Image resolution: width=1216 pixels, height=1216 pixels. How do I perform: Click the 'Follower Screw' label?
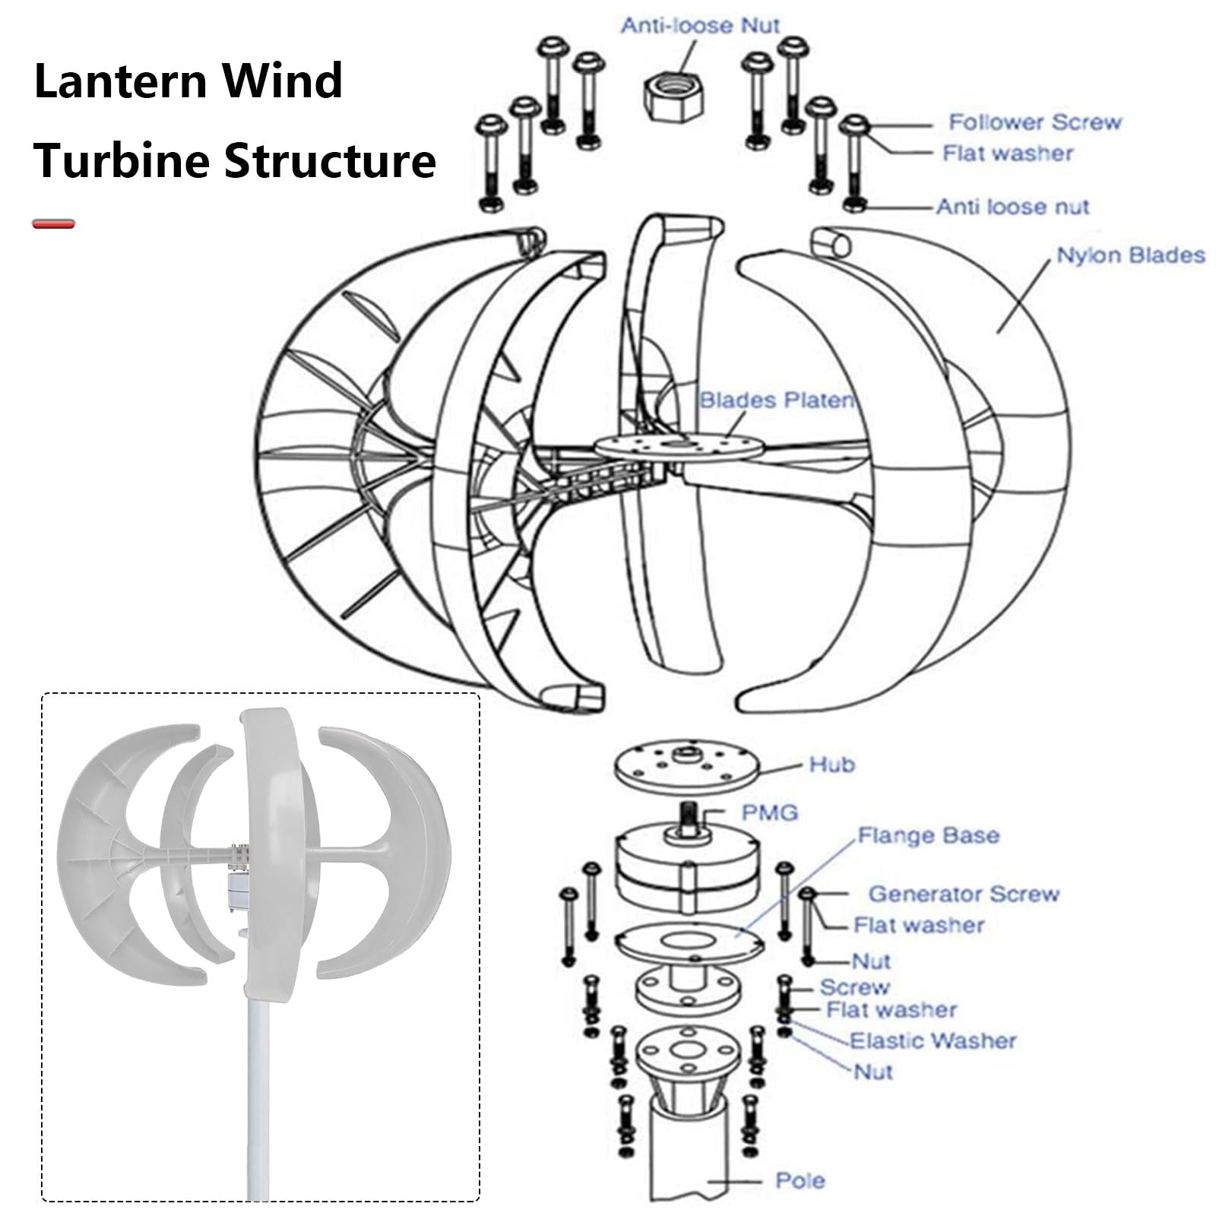coord(1034,122)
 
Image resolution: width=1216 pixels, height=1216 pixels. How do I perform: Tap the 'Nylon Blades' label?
coord(1131,255)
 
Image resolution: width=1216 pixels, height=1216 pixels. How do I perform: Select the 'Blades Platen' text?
coord(776,401)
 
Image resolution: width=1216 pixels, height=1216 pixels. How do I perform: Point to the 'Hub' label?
coord(832,764)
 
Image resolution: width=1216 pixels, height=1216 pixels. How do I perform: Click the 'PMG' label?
coord(770,812)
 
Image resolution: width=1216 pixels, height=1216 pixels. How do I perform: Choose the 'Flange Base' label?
coord(928,836)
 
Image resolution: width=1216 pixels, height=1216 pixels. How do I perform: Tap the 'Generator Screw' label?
coord(964,894)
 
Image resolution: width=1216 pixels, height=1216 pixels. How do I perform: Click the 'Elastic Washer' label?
coord(933,1040)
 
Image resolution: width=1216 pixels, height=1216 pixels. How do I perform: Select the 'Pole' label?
coord(800,1180)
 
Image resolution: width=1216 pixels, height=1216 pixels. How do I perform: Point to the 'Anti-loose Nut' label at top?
coord(700,26)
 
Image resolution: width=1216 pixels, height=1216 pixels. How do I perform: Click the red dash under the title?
coord(54,224)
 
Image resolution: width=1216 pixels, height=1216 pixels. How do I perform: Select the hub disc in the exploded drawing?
coord(686,769)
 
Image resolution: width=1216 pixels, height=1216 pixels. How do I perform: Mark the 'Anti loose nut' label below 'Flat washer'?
coord(1012,207)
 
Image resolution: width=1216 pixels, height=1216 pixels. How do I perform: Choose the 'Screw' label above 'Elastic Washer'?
coord(853,986)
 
